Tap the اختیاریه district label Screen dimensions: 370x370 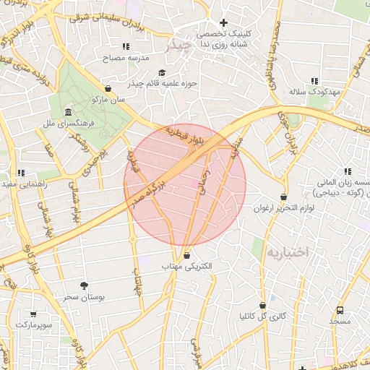[287, 251]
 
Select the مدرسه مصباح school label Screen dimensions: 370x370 [127, 57]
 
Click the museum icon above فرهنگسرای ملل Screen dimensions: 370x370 [68, 113]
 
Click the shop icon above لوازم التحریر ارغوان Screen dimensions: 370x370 [283, 197]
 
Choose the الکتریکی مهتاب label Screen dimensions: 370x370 [188, 266]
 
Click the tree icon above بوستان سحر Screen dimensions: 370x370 [84, 285]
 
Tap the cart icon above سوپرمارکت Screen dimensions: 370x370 [33, 314]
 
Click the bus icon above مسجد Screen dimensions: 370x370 [340, 309]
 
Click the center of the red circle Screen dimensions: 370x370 [186, 184]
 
